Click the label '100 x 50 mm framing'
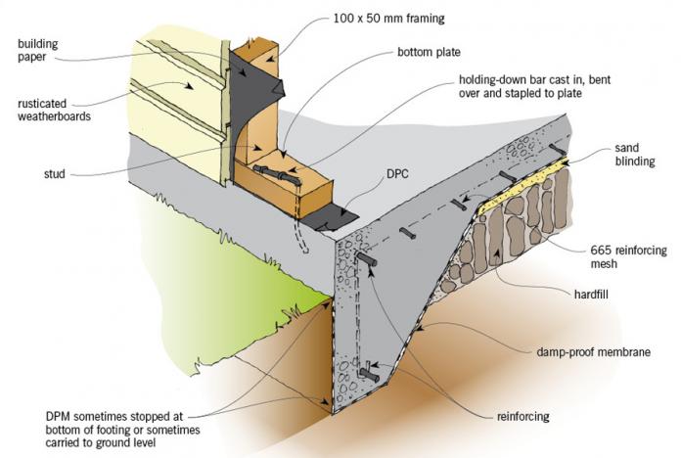pyautogui.click(x=388, y=19)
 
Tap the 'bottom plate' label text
pyautogui.click(x=429, y=52)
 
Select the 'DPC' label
pyautogui.click(x=397, y=174)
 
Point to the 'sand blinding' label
pyautogui.click(x=635, y=155)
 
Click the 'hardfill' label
pyautogui.click(x=591, y=295)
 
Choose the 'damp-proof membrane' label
pyautogui.click(x=593, y=351)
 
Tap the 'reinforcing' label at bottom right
pyautogui.click(x=522, y=416)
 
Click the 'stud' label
pyautogui.click(x=54, y=174)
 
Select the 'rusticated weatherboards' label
pyautogui.click(x=54, y=110)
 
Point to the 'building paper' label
pyautogui.click(x=38, y=51)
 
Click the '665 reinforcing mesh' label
pyautogui.click(x=628, y=256)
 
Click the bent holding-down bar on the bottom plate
pyautogui.click(x=277, y=174)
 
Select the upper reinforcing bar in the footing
pyautogui.click(x=367, y=259)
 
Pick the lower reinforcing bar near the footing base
pyautogui.click(x=370, y=375)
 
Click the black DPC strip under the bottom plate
pyautogui.click(x=329, y=216)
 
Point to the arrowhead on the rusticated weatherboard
pyautogui.click(x=189, y=86)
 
